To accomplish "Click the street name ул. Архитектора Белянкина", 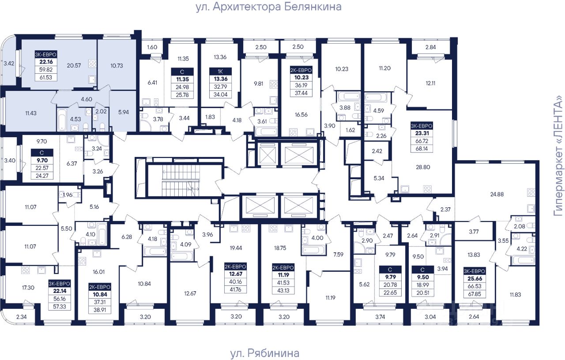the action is (x=269, y=7).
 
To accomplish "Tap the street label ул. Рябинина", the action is (x=264, y=353).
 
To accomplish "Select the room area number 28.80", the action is (x=423, y=167).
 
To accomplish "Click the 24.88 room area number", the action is (x=497, y=195).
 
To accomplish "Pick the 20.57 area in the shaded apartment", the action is (x=74, y=66).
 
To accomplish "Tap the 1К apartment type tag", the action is (x=220, y=71).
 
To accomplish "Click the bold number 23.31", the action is (x=422, y=133).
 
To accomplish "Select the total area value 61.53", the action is (x=45, y=77).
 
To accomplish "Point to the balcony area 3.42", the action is (x=9, y=64).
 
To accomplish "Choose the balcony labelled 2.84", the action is (x=430, y=47).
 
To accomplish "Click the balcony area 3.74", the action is (x=380, y=317).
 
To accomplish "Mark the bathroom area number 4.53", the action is (x=75, y=119).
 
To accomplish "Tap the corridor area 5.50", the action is (x=66, y=229).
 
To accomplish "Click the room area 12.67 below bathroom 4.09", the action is (x=190, y=293).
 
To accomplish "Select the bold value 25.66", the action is (x=475, y=278).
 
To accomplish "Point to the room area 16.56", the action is (x=301, y=115).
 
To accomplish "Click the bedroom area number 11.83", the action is (x=515, y=295).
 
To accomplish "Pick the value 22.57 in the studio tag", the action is (x=42, y=168).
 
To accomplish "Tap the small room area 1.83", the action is (x=210, y=117).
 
